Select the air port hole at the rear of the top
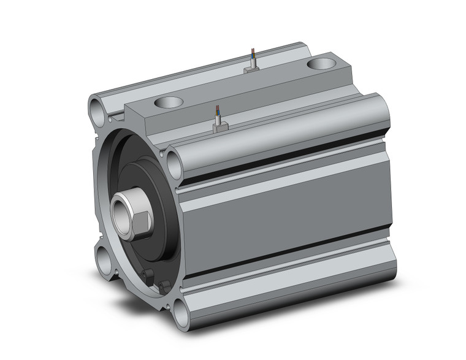(x=319, y=63)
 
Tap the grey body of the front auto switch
(x=220, y=127)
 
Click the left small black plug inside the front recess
(x=147, y=275)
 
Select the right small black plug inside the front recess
(x=164, y=285)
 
